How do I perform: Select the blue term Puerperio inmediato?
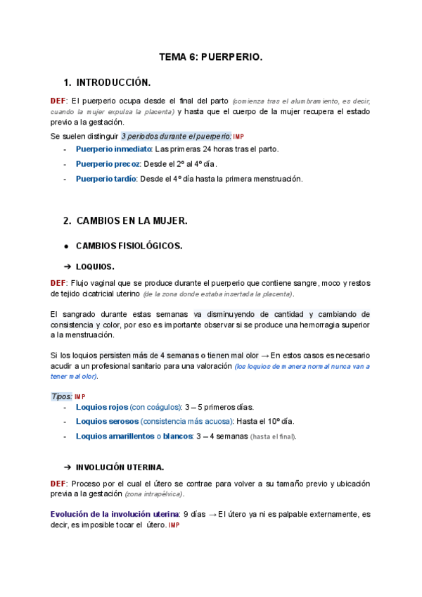coord(113,149)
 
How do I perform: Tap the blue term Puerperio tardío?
coord(106,179)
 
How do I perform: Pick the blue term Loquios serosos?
coord(106,421)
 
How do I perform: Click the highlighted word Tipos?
coord(61,396)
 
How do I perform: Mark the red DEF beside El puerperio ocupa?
coord(59,100)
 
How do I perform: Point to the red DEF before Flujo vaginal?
coord(59,282)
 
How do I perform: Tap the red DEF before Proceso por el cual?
coord(59,484)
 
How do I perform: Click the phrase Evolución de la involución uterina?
coord(115,514)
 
